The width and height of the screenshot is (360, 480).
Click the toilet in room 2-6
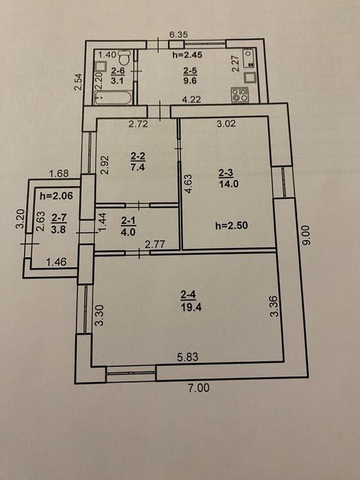[125, 57]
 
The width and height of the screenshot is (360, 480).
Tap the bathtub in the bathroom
[113, 97]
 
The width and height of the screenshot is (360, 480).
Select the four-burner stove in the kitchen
[240, 95]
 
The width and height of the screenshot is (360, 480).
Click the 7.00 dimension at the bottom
[199, 388]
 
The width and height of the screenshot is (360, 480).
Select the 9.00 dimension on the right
[307, 235]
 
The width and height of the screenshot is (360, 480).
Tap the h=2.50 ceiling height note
[232, 226]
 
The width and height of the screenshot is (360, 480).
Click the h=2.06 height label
[56, 195]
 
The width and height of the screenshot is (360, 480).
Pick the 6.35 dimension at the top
[178, 34]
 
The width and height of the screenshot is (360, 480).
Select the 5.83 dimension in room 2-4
[188, 357]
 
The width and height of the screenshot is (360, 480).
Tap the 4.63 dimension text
[188, 184]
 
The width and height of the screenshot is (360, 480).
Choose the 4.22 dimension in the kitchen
[191, 99]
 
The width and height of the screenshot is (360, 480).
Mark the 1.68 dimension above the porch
[59, 174]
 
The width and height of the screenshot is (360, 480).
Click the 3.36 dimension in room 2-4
[274, 306]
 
